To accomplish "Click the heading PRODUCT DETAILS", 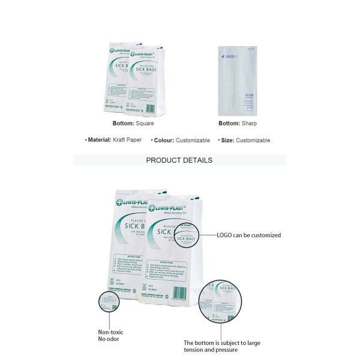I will tap(179, 160).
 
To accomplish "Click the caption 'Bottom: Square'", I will tap(133, 124).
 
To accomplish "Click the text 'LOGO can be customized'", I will tap(248, 235).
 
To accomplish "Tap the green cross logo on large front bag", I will tap(152, 209).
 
